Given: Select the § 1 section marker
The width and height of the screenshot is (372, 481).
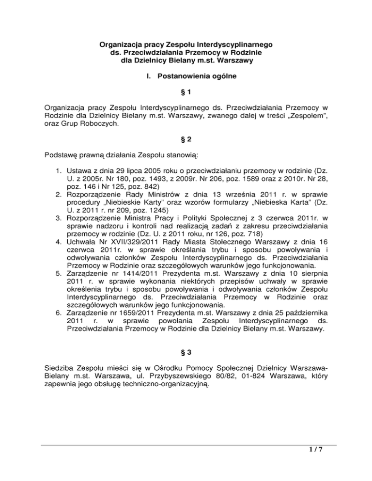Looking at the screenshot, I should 186,91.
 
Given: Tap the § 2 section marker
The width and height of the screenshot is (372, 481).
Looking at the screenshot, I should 186,140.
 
